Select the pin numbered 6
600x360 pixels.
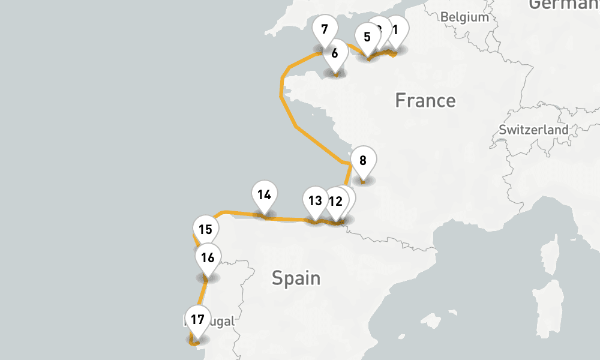[335, 53]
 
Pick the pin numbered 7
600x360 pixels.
[325, 29]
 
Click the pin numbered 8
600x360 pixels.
[363, 161]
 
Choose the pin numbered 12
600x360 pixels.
[335, 202]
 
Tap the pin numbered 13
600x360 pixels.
[315, 201]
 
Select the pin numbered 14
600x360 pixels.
[265, 195]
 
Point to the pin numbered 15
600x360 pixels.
[205, 230]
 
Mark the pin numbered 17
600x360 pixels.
[198, 319]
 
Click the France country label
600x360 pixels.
[425, 100]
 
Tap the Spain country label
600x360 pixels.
[296, 278]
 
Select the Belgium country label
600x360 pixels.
[464, 17]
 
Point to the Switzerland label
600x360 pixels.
[533, 130]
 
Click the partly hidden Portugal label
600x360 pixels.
[219, 322]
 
